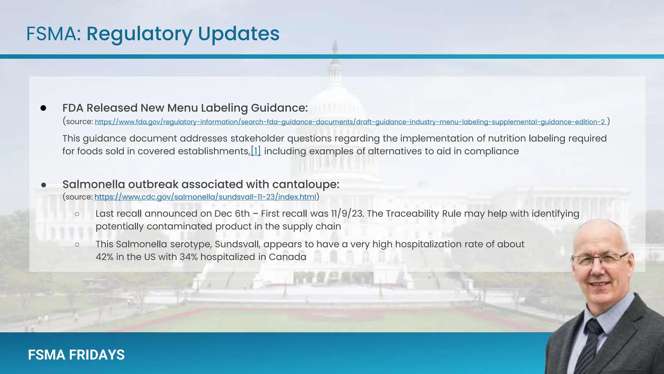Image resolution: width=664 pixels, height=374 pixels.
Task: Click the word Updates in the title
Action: coord(238,34)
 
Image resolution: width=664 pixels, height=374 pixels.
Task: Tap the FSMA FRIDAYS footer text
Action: coord(76,355)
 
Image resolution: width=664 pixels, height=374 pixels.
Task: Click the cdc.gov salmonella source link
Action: coord(205,197)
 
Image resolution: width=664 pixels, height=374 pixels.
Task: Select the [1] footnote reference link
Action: coord(256,151)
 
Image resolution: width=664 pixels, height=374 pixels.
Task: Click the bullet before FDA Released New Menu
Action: coord(43,108)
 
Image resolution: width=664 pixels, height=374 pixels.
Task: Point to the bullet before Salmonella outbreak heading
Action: coord(43,185)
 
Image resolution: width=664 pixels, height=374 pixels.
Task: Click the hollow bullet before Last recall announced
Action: coord(77,214)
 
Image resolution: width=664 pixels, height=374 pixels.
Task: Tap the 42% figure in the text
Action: coord(104,257)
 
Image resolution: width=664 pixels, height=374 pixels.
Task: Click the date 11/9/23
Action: coord(347,214)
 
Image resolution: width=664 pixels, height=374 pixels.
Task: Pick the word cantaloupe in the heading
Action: coord(305,184)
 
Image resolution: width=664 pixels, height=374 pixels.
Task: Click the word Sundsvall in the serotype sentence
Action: coord(238,244)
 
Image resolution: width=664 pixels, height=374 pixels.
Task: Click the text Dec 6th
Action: coord(232,214)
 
